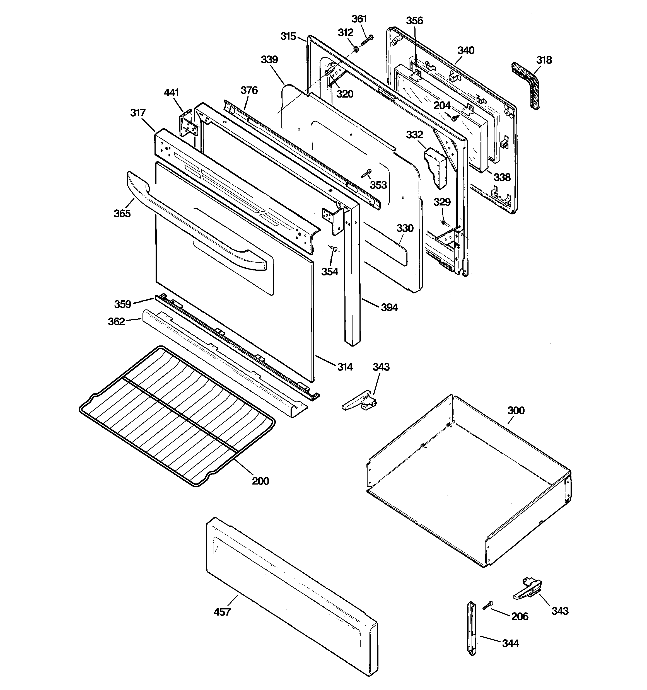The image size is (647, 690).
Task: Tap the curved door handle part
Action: point(194,222)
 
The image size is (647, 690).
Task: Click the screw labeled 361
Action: point(367,40)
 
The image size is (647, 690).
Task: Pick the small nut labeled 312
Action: point(357,50)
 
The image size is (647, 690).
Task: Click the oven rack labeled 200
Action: point(177,417)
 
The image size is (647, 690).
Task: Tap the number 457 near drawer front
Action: point(222,612)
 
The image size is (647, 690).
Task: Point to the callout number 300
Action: point(516,410)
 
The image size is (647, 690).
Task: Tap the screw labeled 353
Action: point(366,173)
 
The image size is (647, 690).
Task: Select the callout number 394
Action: point(389,307)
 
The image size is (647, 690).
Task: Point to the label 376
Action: point(249,90)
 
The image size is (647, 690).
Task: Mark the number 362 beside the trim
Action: point(116,321)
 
